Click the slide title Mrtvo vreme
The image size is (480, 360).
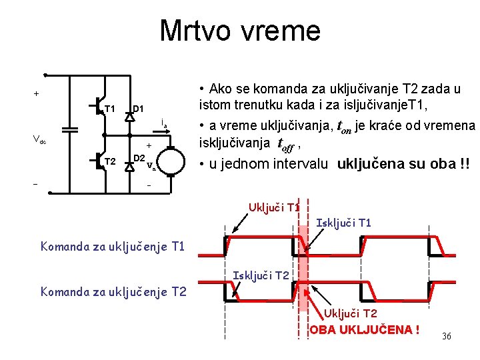[x=240, y=31]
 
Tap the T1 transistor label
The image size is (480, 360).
[x=110, y=109]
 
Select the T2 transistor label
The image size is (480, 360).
[x=110, y=161]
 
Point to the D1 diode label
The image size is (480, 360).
[x=139, y=109]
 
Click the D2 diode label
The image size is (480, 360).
[x=139, y=158]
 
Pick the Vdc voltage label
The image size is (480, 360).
[x=39, y=140]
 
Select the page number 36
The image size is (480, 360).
[x=446, y=336]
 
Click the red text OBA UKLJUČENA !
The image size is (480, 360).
[x=365, y=330]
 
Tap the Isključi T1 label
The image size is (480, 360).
[x=343, y=223]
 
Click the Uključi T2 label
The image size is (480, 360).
[x=351, y=313]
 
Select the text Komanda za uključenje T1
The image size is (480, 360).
[x=112, y=247]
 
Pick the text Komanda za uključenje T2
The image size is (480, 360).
[x=112, y=291]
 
